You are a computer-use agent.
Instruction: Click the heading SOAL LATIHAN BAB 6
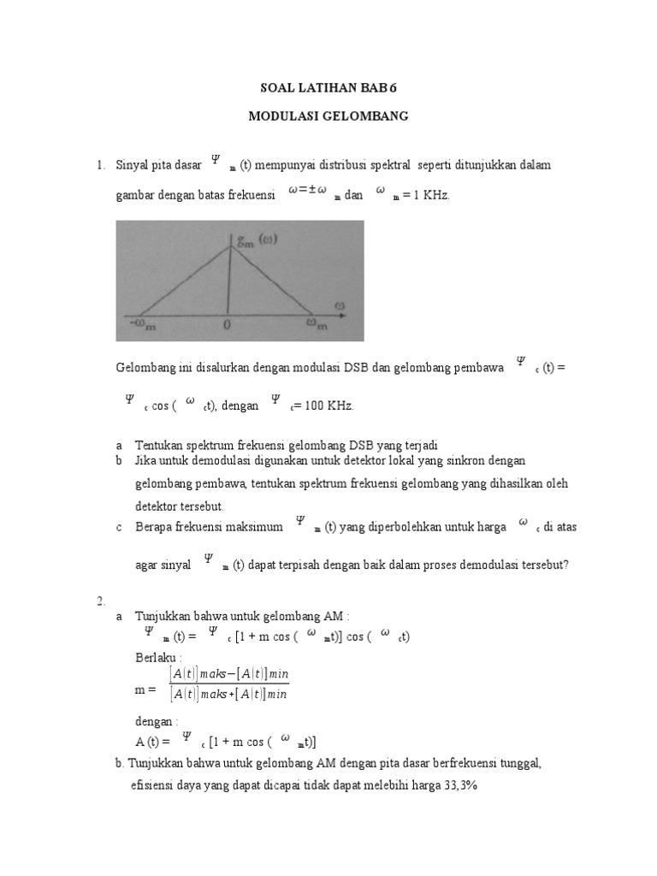(328, 87)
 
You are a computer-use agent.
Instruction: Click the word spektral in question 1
(389, 165)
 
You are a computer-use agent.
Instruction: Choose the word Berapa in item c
(155, 528)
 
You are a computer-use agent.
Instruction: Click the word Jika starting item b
(147, 461)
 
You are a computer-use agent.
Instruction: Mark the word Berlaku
(159, 657)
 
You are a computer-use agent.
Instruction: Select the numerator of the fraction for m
(229, 675)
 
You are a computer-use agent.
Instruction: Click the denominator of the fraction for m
(229, 694)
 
